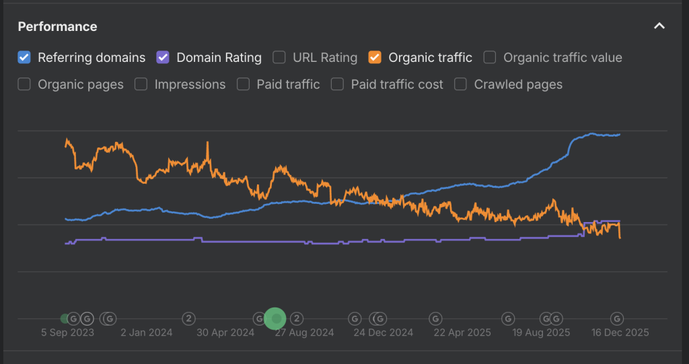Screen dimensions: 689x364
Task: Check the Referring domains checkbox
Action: pos(24,58)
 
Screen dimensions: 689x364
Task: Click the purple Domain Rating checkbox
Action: pos(163,58)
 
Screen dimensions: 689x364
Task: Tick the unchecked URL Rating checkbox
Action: pos(279,58)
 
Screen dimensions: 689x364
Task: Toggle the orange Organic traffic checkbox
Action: pos(375,58)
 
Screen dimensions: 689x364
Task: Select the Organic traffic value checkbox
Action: pos(490,58)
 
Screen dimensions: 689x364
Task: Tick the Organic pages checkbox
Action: pos(24,84)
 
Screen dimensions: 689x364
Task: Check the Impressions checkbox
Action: pos(141,84)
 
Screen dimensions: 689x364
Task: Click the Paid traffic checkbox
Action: pos(243,84)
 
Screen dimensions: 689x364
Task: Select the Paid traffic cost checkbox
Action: pos(337,84)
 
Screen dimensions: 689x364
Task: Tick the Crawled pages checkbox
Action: pos(460,84)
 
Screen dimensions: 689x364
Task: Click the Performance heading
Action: pos(58,26)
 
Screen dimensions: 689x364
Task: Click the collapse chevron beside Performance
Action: pos(659,26)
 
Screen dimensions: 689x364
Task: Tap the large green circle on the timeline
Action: pos(275,318)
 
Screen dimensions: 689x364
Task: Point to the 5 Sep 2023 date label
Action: pos(68,332)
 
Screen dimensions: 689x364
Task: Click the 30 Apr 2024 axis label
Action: pos(225,332)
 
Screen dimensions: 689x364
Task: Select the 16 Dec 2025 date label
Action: pos(620,332)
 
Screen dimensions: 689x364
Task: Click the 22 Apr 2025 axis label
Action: pos(462,332)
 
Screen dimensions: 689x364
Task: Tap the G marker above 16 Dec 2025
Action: pos(617,318)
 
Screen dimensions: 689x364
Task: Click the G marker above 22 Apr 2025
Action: pos(435,318)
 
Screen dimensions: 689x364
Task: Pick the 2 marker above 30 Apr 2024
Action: pos(188,318)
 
